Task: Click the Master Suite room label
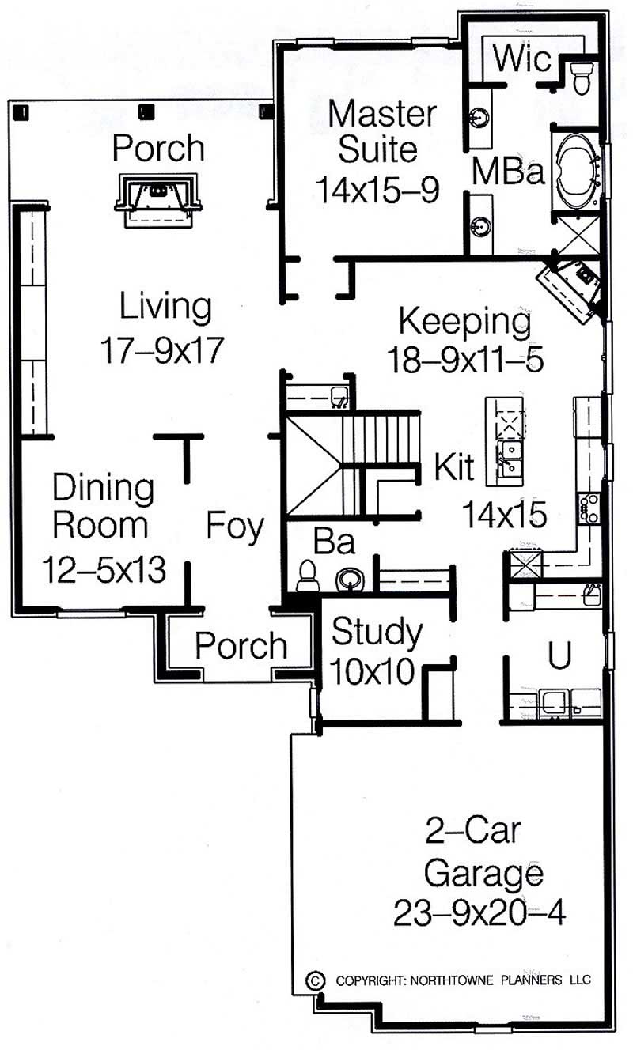(382, 130)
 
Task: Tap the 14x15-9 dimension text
(377, 190)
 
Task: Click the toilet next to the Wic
(582, 78)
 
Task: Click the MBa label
(509, 172)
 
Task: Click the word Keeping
(464, 322)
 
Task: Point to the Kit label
(453, 468)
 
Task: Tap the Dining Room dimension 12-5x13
(104, 568)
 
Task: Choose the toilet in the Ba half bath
(307, 576)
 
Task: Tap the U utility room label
(559, 655)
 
